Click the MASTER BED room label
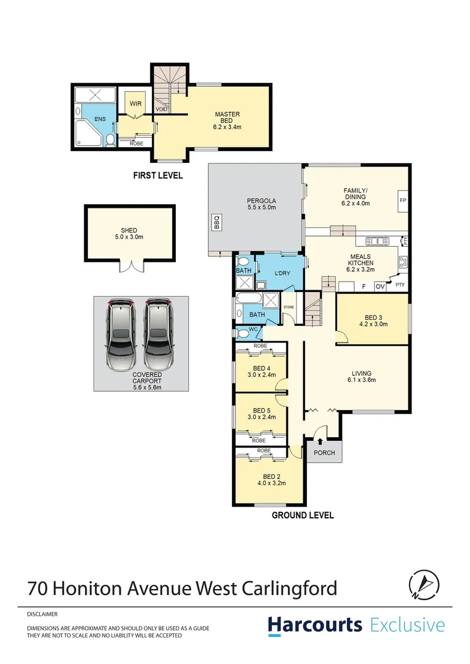pyautogui.click(x=227, y=114)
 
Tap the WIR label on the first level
pyautogui.click(x=136, y=104)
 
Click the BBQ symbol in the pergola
pyautogui.click(x=217, y=222)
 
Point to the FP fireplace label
pyautogui.click(x=403, y=201)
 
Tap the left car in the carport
pyautogui.click(x=121, y=334)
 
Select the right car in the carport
pyautogui.click(x=160, y=334)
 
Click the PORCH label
pyautogui.click(x=324, y=453)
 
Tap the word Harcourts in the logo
pyautogui.click(x=315, y=625)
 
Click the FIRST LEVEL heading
pyautogui.click(x=158, y=176)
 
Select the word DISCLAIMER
pyautogui.click(x=42, y=614)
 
